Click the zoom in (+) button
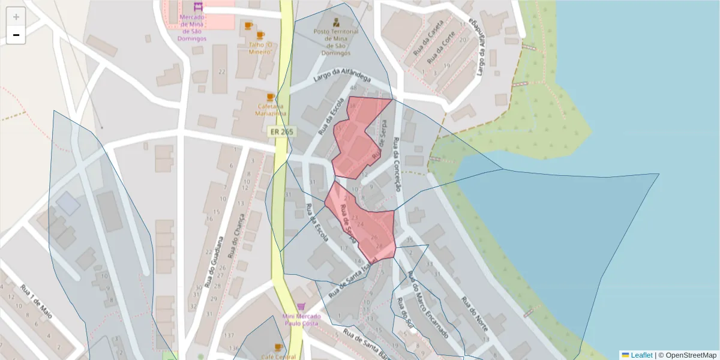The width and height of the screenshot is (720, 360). (16, 17)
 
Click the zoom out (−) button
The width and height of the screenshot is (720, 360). (16, 35)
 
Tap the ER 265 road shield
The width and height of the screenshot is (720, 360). (277, 131)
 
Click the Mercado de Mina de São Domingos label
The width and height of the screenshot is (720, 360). (193, 28)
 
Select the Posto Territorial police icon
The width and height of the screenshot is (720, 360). (335, 22)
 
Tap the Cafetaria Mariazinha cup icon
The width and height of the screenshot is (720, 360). (270, 97)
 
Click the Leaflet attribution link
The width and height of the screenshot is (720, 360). (641, 355)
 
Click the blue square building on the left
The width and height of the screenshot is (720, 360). (68, 204)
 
